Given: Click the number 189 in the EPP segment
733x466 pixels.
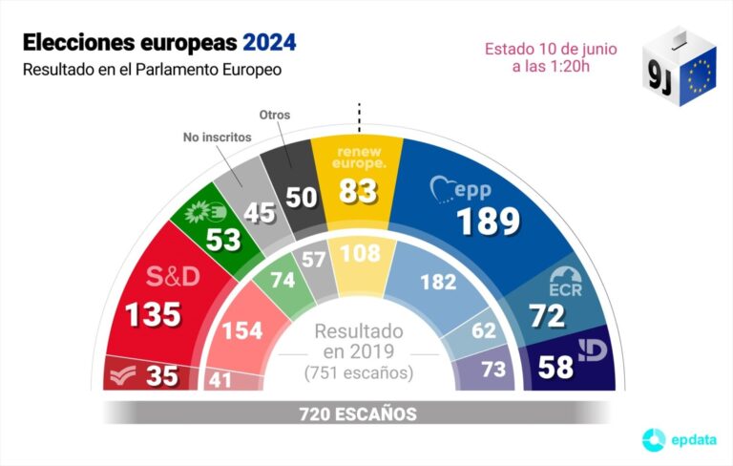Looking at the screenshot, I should click(488, 222).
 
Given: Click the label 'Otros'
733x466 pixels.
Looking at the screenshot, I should click(275, 116).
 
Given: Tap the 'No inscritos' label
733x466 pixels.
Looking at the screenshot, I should click(218, 138).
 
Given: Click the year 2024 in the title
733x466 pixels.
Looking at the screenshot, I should click(269, 43).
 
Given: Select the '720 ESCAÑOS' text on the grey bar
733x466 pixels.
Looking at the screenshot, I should click(358, 413).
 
